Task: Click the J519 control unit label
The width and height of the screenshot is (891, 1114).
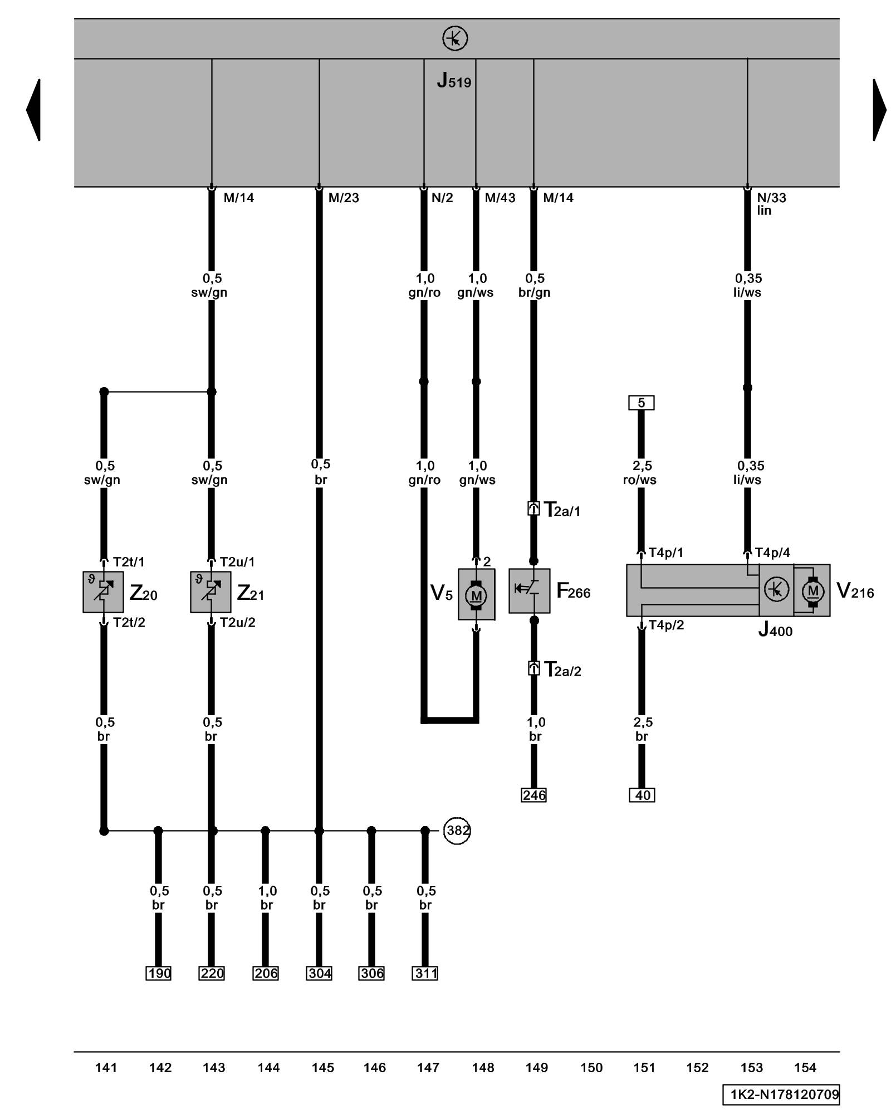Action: point(454,81)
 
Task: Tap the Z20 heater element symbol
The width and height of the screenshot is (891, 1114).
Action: point(103,592)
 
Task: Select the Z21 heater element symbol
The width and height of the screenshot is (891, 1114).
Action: point(210,592)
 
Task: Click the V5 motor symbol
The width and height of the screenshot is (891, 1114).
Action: point(476,594)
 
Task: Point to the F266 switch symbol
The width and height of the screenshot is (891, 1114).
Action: point(529,590)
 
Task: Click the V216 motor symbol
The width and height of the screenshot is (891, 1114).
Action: point(812,590)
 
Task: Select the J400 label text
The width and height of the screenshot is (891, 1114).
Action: point(775,630)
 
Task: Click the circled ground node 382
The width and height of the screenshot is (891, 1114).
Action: point(457,830)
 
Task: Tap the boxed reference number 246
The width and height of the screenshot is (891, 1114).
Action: point(533,795)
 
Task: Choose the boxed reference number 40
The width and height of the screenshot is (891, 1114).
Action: point(642,795)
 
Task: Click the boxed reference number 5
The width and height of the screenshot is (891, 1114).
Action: point(641,402)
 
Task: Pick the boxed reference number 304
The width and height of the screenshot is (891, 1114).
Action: point(319,973)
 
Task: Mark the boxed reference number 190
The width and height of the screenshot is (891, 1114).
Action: point(158,973)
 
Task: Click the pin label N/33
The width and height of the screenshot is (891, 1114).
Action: point(771,198)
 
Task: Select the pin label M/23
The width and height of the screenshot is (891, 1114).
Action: point(344,198)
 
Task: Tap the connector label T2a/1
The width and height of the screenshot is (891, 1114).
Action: point(562,510)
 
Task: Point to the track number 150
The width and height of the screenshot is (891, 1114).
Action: point(591,1067)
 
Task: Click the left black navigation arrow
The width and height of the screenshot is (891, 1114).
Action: point(33,110)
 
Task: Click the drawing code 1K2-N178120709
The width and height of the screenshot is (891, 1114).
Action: point(781,1094)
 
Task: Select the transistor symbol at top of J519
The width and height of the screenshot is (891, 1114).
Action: point(455,39)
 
